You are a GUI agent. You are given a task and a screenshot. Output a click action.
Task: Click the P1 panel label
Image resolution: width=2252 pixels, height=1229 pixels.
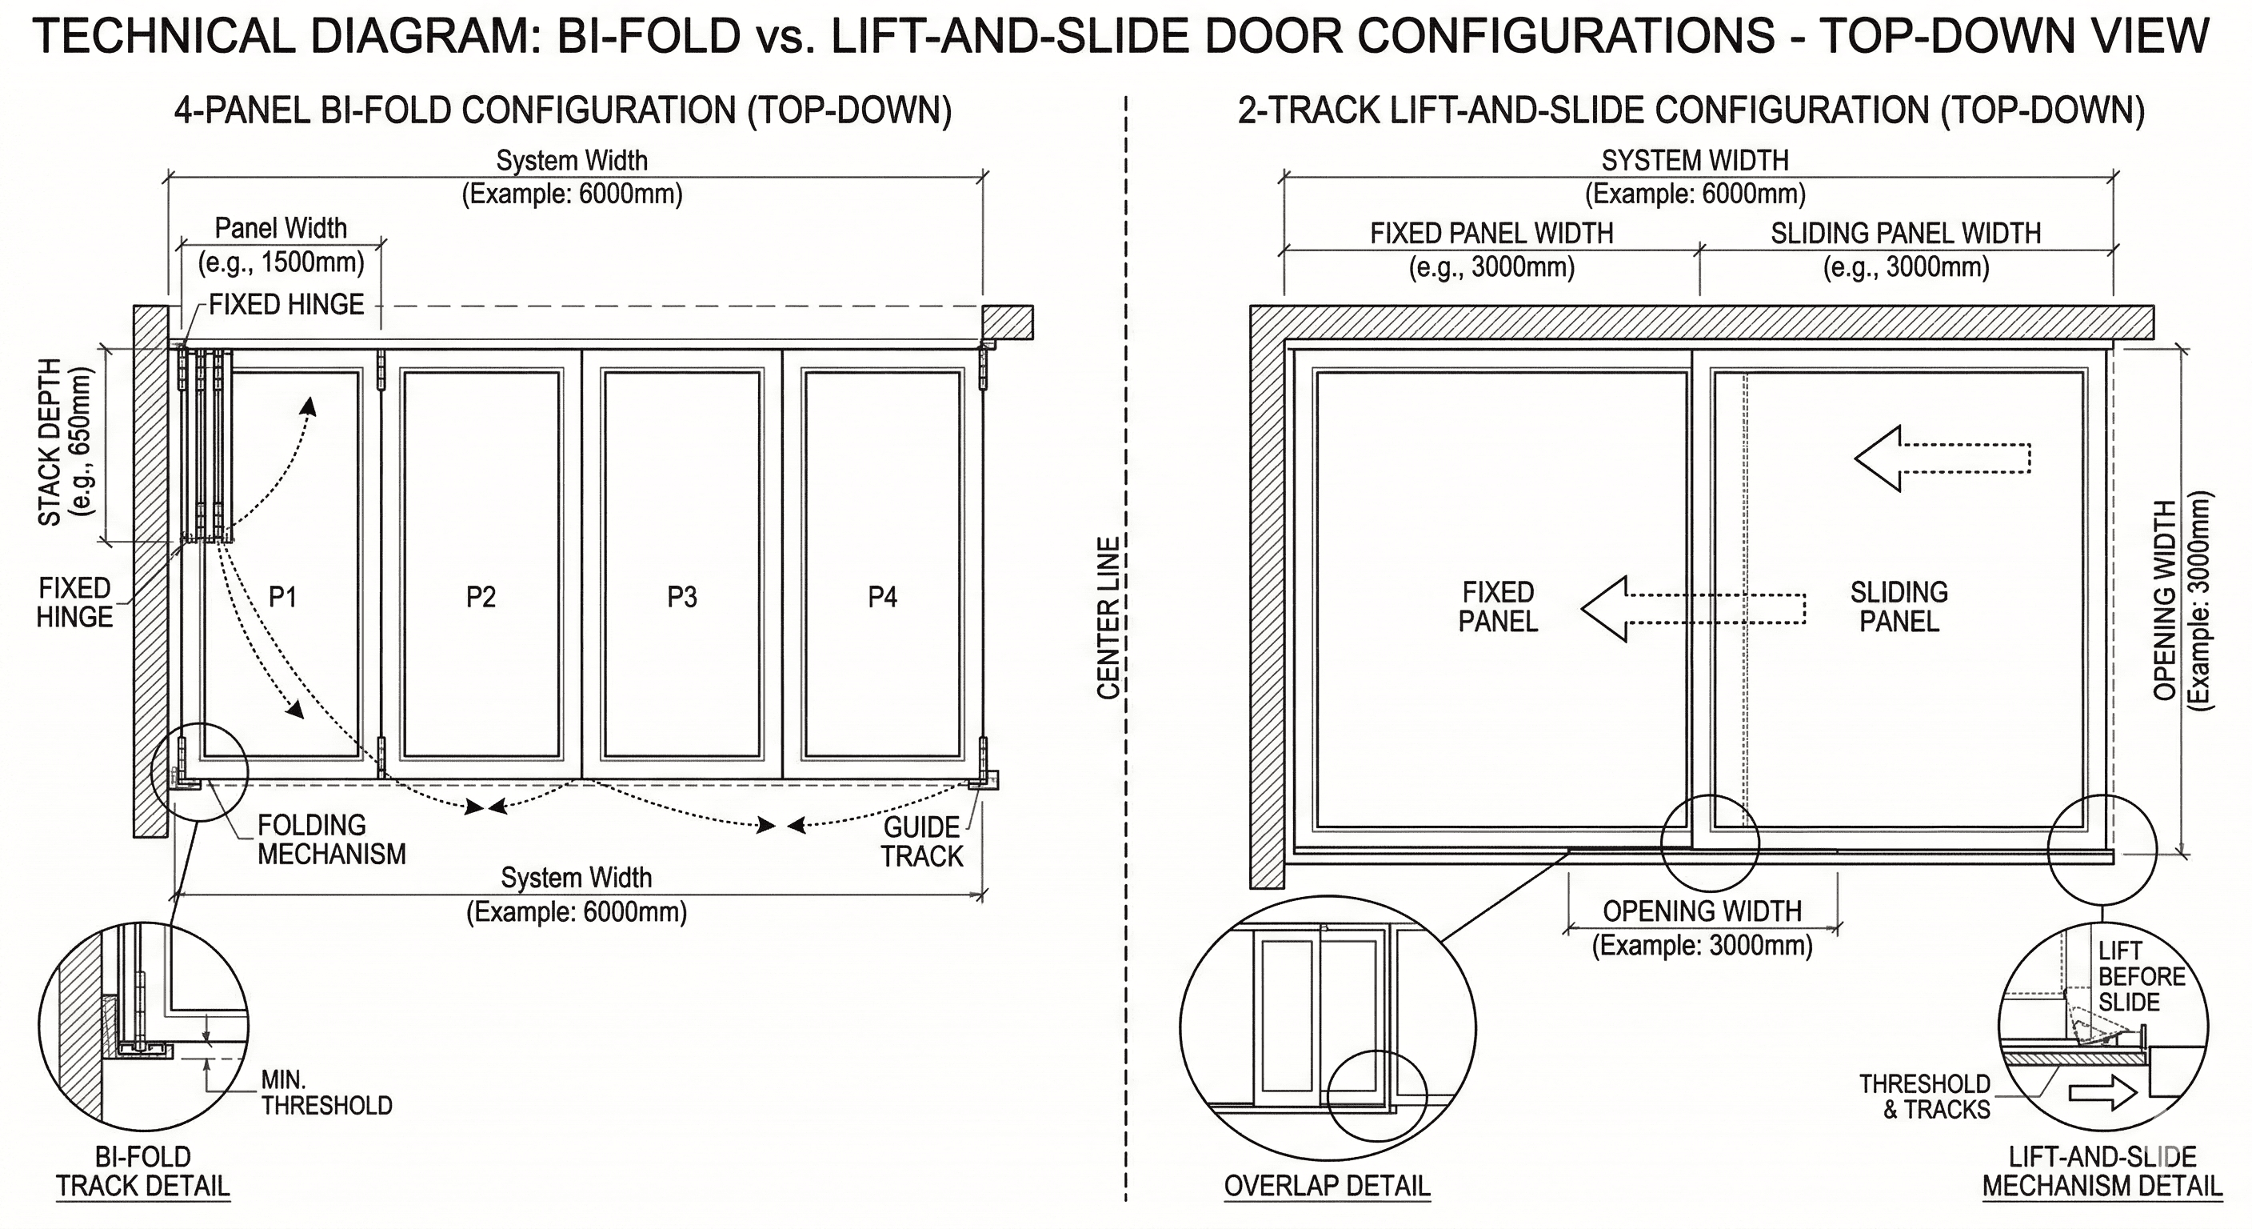[282, 598]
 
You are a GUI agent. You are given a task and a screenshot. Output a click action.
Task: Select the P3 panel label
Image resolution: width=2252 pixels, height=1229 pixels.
[682, 598]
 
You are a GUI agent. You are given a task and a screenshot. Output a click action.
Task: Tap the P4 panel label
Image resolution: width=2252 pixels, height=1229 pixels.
[882, 598]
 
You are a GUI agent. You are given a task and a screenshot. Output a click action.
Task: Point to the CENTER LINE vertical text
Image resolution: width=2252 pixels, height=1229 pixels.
[1108, 618]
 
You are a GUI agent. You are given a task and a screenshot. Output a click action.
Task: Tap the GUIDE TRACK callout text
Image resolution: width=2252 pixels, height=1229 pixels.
[921, 842]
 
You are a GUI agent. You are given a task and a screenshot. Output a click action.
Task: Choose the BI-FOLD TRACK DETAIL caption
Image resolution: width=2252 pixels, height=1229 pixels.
[142, 1171]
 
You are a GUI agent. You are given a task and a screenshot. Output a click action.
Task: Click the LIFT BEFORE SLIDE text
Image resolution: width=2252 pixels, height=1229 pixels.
[2141, 976]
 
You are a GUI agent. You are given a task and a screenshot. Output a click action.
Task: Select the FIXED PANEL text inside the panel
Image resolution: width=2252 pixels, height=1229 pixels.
[1498, 607]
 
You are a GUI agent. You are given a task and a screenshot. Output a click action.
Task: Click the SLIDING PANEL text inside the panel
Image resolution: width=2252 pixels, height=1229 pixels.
[1899, 607]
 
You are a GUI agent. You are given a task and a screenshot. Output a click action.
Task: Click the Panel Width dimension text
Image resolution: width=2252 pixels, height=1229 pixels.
[281, 245]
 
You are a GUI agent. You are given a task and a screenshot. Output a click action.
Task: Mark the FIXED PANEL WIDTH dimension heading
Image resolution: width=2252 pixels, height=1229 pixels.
[1491, 234]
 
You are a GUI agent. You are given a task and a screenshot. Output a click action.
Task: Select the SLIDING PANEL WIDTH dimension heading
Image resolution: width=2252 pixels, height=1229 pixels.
[1906, 234]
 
